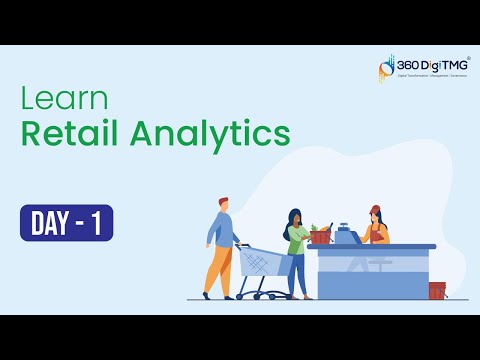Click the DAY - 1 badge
point(66,222)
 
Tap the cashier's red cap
point(375,210)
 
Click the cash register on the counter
point(346,236)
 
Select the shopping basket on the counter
point(320,236)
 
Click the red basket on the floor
point(437,290)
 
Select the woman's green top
point(295,241)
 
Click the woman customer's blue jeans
point(299,275)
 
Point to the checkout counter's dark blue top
point(371,246)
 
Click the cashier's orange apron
point(377,234)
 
